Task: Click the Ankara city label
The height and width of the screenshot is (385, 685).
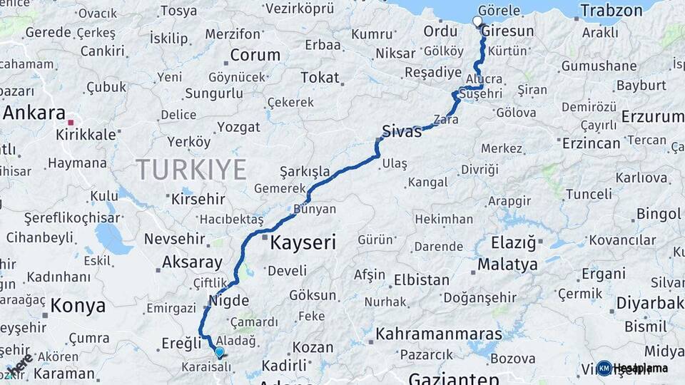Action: (33, 113)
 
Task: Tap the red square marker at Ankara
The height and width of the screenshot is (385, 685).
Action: (71, 123)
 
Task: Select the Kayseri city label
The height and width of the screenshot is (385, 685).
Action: (303, 243)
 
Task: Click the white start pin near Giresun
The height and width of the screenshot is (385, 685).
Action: (477, 21)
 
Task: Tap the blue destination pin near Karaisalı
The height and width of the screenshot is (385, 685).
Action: (219, 351)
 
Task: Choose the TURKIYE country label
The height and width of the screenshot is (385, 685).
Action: (191, 170)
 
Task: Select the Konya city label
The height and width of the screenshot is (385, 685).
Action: (78, 306)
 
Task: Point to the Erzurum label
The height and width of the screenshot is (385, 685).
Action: (652, 116)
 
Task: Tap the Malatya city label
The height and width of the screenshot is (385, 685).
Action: (507, 265)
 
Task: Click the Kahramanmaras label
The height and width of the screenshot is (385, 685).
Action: (439, 334)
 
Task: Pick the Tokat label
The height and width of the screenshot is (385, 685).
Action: (320, 77)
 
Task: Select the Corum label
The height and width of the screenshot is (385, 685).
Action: (255, 55)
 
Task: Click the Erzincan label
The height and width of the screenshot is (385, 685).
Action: (591, 143)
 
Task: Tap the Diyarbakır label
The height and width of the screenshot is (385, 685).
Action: (650, 304)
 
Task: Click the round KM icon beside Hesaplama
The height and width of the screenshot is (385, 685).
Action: (604, 368)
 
